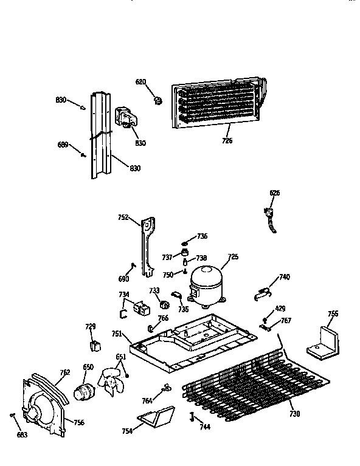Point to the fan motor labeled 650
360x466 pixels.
83,391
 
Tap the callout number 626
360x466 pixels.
274,193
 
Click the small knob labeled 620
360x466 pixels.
159,100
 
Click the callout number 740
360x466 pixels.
284,277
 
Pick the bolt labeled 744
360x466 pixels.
193,417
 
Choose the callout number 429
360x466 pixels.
280,309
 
